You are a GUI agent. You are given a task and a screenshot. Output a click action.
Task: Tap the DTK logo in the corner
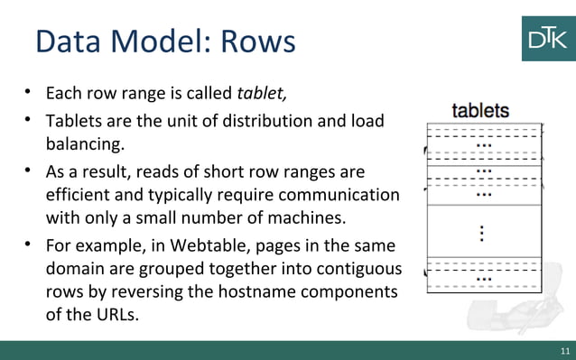click(x=547, y=38)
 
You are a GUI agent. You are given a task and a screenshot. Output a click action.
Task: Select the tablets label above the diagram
click(x=480, y=111)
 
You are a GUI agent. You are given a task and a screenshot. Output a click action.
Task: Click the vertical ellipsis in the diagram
click(x=483, y=234)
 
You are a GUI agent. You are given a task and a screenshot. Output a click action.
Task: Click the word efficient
click(x=79, y=194)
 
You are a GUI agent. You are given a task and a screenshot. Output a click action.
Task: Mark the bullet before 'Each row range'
click(x=29, y=92)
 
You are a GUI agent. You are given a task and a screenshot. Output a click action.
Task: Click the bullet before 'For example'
click(x=29, y=245)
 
